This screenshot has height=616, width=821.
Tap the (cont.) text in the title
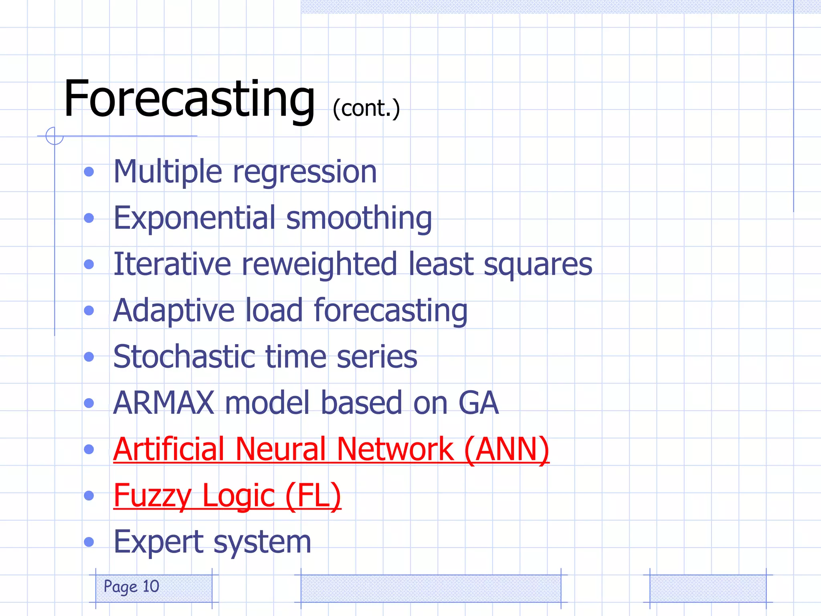tap(366, 108)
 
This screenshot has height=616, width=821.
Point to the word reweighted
tap(320, 264)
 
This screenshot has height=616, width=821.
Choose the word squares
tap(538, 265)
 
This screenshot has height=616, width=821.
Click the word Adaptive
tap(174, 310)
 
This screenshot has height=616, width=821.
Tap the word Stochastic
tap(184, 357)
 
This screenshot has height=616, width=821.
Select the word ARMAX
tap(164, 403)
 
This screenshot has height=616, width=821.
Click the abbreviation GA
tap(478, 403)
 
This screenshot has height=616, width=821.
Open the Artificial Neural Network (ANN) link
tap(331, 449)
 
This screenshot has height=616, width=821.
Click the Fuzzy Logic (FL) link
tap(227, 496)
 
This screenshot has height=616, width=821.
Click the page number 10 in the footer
tap(151, 586)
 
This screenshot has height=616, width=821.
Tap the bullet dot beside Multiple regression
tap(89, 172)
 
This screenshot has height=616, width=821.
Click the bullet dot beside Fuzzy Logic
tap(89, 496)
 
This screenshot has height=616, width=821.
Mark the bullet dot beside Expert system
tap(89, 542)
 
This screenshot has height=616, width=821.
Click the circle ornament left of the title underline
tap(55, 136)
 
